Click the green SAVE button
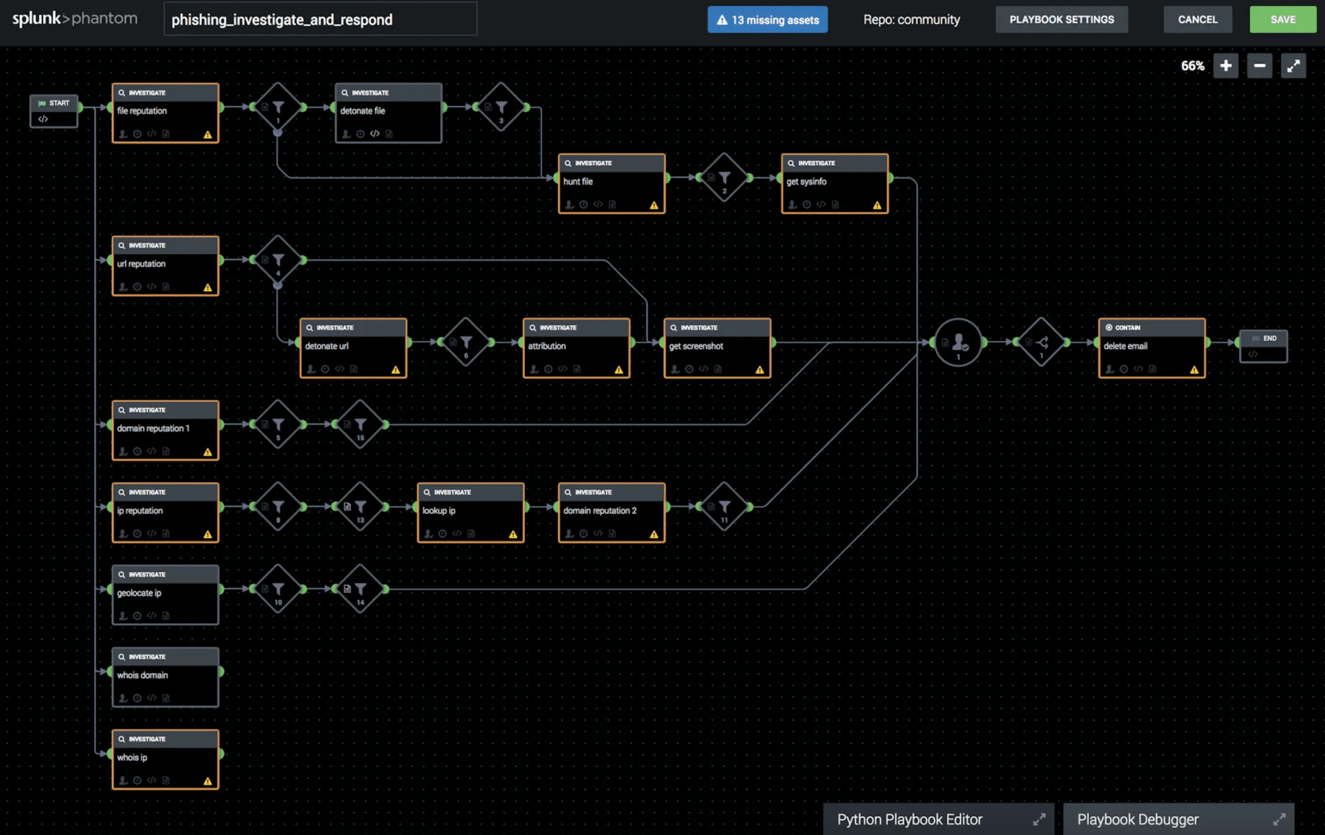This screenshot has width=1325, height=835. click(1282, 20)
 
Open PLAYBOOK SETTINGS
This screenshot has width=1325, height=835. click(1062, 20)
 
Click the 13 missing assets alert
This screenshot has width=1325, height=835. click(767, 20)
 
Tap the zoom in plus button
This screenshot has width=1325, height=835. click(1226, 66)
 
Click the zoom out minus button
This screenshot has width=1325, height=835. click(1259, 66)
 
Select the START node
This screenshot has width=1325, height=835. click(54, 111)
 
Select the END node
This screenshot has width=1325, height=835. click(1263, 346)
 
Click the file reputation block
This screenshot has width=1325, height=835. click(165, 113)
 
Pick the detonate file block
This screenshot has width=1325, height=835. click(389, 113)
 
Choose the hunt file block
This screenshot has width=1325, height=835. click(611, 184)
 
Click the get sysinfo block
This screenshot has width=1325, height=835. click(835, 184)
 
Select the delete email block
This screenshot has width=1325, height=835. click(1152, 348)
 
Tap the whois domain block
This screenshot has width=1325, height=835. click(165, 678)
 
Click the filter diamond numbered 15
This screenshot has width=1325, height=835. click(360, 424)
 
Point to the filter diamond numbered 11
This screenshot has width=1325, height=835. click(724, 506)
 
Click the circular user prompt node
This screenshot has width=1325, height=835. click(958, 342)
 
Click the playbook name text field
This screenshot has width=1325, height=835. click(320, 20)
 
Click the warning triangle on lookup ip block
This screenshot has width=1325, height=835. click(513, 534)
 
